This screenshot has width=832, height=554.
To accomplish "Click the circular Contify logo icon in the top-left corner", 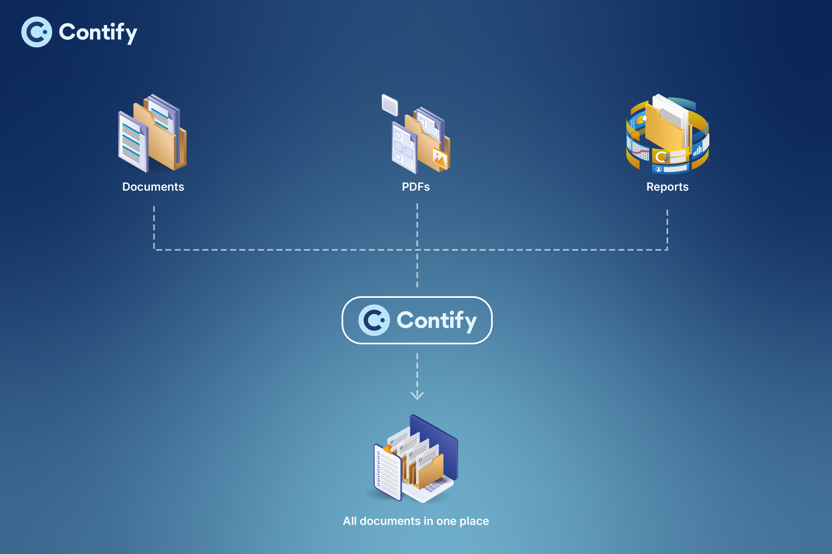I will (x=37, y=32).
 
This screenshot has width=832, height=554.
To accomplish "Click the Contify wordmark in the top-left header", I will (x=98, y=33).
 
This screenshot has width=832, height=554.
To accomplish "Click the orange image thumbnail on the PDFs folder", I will (x=440, y=159).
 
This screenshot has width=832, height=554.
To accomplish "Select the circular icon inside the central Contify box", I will (x=374, y=320).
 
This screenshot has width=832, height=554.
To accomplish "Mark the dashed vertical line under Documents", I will (x=154, y=226).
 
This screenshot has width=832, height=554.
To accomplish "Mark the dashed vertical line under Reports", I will (x=667, y=230).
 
